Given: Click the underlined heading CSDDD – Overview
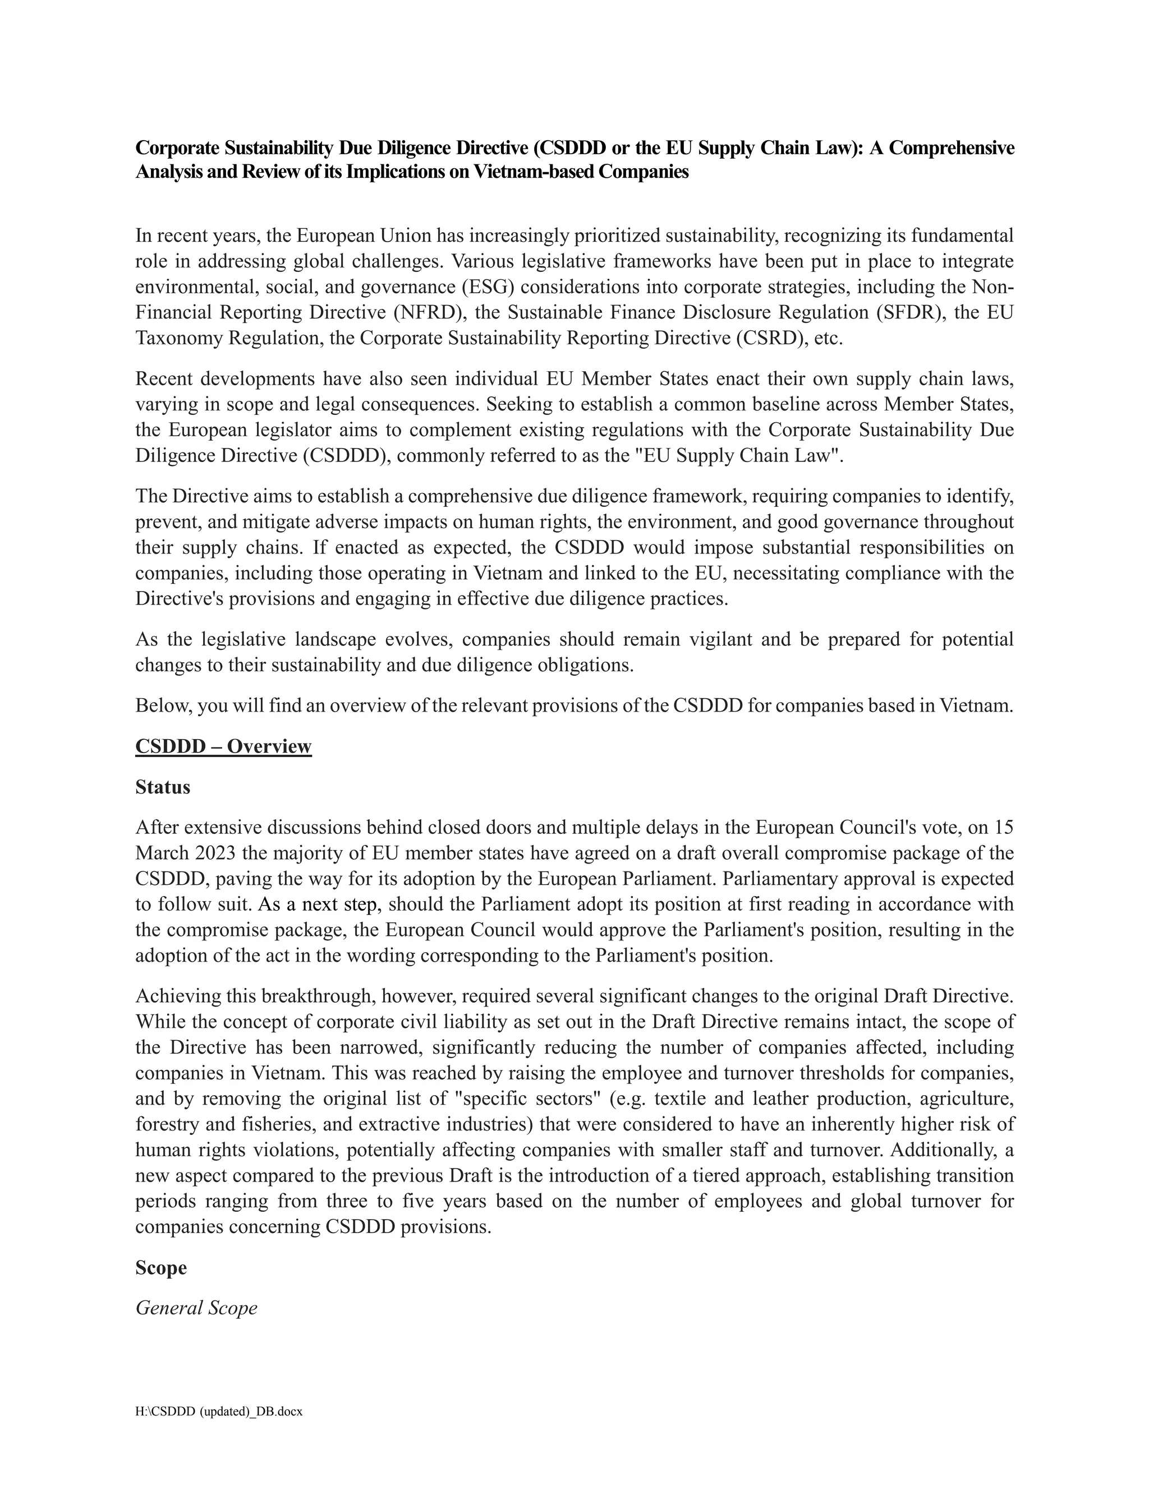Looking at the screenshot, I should tap(223, 746).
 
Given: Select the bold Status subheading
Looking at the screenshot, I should tap(163, 787).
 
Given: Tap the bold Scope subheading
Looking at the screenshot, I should tap(160, 1268).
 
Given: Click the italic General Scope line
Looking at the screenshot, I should tap(196, 1308).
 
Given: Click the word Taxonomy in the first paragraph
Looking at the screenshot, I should tap(178, 338).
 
